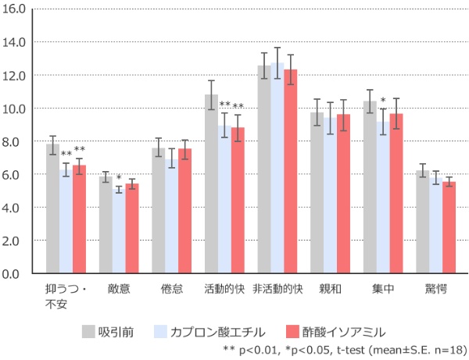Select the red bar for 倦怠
(184, 212)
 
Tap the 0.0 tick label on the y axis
(17, 274)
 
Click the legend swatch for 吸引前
(88, 331)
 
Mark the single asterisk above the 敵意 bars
(119, 178)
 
